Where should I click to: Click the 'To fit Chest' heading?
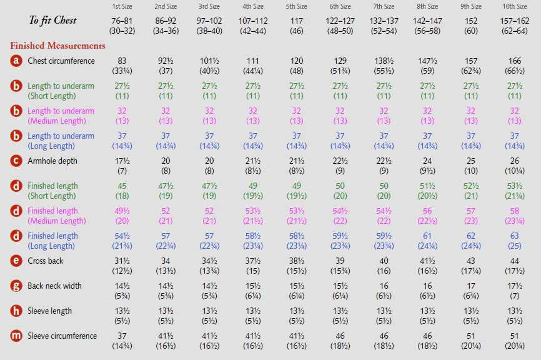tap(53, 21)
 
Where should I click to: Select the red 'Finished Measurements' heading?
tap(57, 46)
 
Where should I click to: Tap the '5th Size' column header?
tap(296, 6)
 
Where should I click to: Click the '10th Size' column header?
tap(514, 6)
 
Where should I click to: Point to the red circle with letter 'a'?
tap(16, 61)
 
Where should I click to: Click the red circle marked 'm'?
tap(16, 336)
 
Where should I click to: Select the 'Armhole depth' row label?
tap(52, 161)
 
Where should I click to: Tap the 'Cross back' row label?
tap(46, 261)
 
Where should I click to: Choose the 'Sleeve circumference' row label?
tap(62, 336)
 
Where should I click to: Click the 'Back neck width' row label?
tap(54, 286)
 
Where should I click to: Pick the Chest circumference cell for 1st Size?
tap(122, 66)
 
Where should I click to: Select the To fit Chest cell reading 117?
tap(296, 26)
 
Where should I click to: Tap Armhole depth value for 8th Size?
tap(427, 166)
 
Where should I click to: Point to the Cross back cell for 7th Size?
tap(384, 266)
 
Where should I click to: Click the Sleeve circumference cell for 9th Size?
tap(471, 341)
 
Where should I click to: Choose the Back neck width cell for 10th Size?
tap(514, 291)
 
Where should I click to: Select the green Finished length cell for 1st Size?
tap(122, 191)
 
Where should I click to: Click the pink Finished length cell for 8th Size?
tap(427, 216)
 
